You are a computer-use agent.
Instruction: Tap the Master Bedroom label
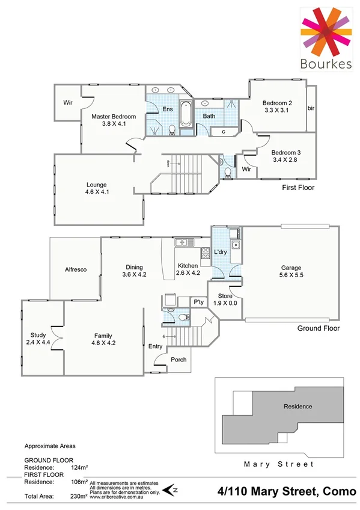tap(114, 116)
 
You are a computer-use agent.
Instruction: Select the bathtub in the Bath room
tap(185, 115)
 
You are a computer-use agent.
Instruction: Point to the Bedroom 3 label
tap(286, 152)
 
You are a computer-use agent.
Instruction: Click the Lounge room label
tap(96, 185)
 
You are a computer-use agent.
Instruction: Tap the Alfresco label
tap(76, 269)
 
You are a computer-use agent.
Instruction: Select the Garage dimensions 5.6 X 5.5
tap(291, 276)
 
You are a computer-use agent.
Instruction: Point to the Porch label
tap(179, 360)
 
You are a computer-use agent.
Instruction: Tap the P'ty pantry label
tap(197, 302)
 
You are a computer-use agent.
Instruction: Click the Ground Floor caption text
tap(319, 328)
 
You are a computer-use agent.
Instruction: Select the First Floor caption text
tap(298, 188)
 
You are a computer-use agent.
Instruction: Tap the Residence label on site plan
tap(297, 406)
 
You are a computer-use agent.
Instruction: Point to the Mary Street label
tap(278, 464)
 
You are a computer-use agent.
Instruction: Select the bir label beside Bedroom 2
tap(311, 108)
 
